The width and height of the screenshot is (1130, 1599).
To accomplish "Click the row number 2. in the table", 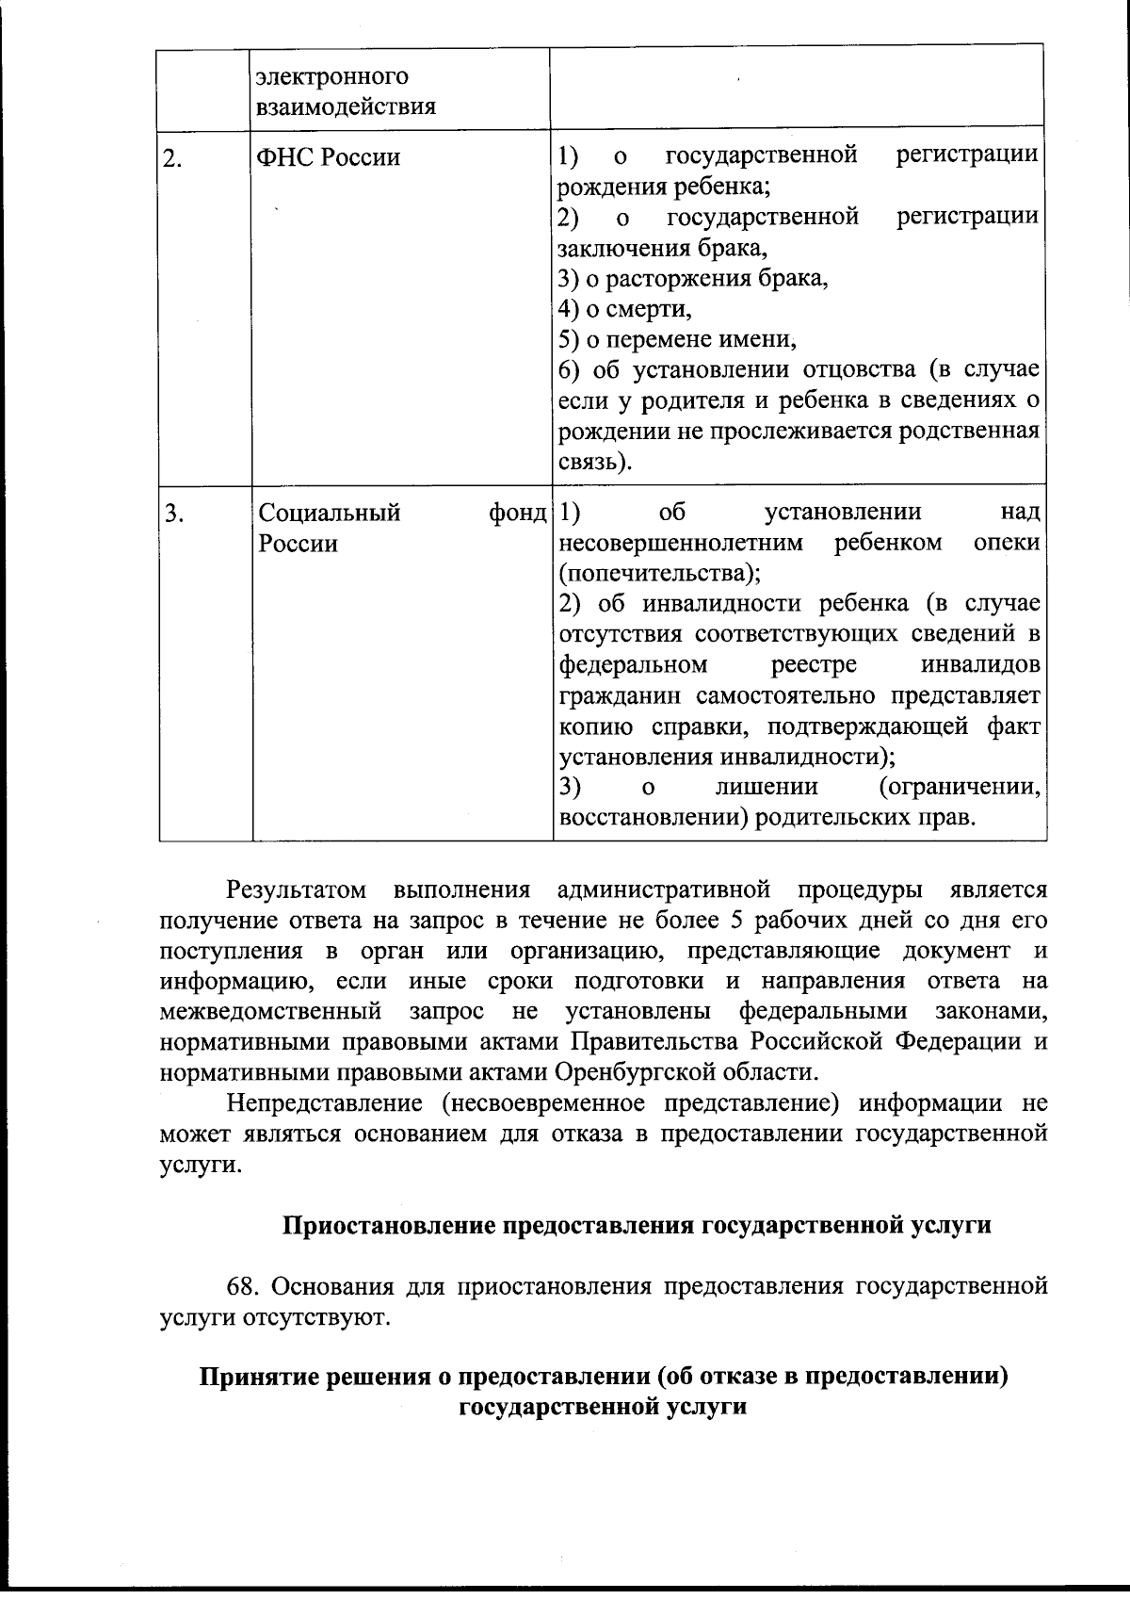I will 172,158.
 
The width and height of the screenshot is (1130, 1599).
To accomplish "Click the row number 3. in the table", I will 173,514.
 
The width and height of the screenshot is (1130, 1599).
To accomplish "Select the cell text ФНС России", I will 329,157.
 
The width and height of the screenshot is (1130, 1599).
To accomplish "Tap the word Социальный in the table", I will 330,513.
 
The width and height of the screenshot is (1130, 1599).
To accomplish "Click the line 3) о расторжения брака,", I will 693,279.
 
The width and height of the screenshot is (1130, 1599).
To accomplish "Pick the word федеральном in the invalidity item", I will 633,665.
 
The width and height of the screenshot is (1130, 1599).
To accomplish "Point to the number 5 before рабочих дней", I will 735,920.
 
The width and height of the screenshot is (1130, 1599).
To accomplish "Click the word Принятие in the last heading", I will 256,1377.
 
